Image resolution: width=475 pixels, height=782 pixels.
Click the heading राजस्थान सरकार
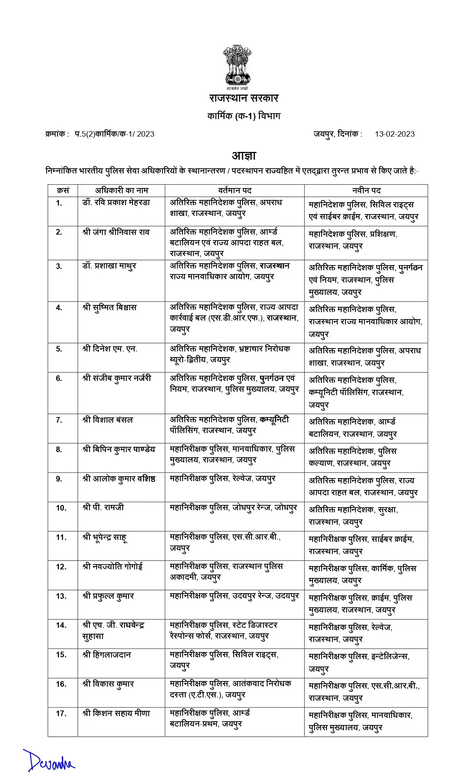[x=244, y=98]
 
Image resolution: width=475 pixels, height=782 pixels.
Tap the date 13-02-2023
[x=395, y=134]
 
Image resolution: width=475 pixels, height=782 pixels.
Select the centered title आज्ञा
[x=244, y=156]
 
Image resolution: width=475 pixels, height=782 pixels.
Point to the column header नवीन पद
[x=366, y=191]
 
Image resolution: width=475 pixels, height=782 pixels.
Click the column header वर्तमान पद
[x=234, y=191]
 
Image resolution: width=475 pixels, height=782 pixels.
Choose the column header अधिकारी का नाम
[x=121, y=191]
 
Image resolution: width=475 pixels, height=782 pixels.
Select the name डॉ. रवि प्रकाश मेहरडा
[x=116, y=203]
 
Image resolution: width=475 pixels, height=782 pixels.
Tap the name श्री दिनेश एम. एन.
[x=110, y=349]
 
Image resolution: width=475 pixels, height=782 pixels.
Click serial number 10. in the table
[x=61, y=508]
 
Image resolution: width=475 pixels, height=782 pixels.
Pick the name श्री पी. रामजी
[x=103, y=508]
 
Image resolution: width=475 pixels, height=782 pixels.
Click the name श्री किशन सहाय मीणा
[x=116, y=713]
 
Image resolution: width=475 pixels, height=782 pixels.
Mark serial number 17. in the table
[x=61, y=714]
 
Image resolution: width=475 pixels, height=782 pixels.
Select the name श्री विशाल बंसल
[x=108, y=420]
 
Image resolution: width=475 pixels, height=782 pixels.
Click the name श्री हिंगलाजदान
[x=107, y=655]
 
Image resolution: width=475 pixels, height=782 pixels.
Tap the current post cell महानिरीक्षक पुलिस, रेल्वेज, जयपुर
[x=222, y=479]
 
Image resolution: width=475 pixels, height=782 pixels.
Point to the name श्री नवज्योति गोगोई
[x=112, y=567]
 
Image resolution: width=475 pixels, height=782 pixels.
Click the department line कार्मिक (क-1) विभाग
[x=244, y=116]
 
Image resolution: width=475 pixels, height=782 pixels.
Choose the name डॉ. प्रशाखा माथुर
[x=109, y=266]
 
